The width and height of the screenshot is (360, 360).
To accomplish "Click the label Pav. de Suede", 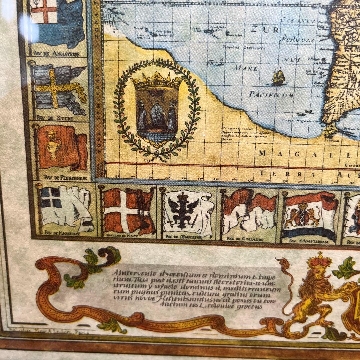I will [x=55, y=118].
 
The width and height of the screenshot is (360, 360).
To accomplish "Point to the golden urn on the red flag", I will [x=53, y=144].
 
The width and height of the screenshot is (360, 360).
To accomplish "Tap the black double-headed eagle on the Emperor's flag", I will [x=183, y=210].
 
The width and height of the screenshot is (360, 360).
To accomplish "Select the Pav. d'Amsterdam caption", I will [x=307, y=241].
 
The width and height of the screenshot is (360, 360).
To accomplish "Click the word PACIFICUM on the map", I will [x=271, y=95].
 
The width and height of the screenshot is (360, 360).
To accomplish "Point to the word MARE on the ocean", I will [x=246, y=68].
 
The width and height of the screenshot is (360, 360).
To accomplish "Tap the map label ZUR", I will [x=265, y=30].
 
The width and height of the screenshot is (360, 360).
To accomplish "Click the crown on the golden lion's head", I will [x=319, y=261].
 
